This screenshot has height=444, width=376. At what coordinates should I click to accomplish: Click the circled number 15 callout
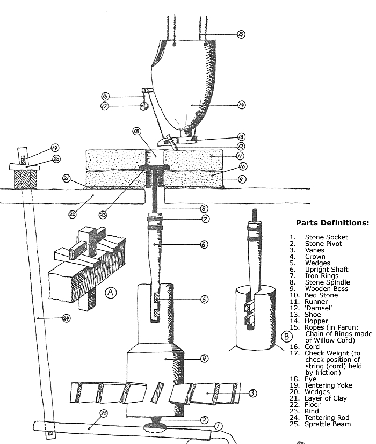(x=241, y=34)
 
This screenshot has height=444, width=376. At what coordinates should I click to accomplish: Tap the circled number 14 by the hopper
(x=242, y=105)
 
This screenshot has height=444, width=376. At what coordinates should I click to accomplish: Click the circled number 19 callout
(x=55, y=147)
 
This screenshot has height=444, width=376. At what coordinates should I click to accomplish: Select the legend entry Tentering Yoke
(x=329, y=385)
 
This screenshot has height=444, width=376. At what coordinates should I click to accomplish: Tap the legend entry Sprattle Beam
(x=328, y=424)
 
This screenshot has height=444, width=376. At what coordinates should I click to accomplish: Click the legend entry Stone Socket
(x=326, y=237)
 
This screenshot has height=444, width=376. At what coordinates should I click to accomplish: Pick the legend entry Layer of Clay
(x=326, y=398)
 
